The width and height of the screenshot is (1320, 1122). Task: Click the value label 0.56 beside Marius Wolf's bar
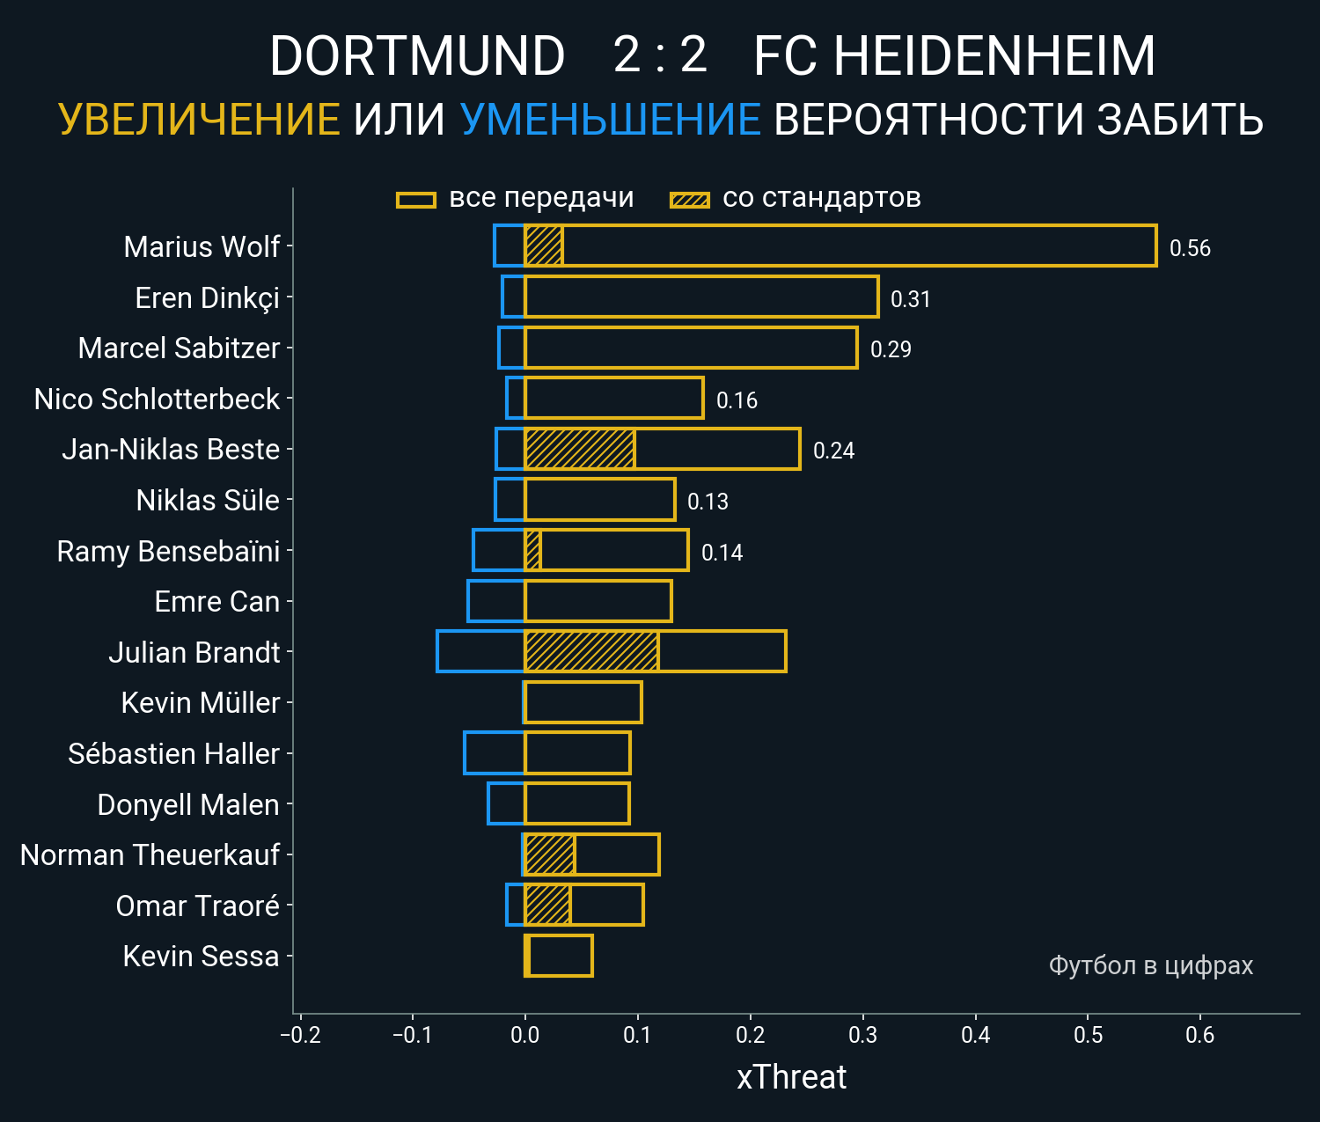[1190, 248]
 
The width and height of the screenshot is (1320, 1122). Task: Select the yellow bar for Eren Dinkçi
[701, 297]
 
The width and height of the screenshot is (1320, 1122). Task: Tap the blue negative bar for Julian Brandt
[480, 652]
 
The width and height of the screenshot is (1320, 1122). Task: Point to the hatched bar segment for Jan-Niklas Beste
[579, 449]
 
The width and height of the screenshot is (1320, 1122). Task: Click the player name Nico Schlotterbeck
[157, 400]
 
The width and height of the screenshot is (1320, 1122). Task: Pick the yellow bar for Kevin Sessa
[559, 956]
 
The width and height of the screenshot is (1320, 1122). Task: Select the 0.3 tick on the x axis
[863, 1034]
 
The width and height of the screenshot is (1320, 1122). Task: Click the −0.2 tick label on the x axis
[300, 1034]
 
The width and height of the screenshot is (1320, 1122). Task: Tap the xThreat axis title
[791, 1077]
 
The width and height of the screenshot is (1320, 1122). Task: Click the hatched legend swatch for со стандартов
[690, 200]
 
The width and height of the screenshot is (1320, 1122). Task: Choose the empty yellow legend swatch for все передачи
[416, 200]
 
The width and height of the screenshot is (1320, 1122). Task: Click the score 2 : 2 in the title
[660, 55]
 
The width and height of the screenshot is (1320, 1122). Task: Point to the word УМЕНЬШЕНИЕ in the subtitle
[611, 120]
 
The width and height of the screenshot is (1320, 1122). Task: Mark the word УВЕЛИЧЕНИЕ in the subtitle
[199, 120]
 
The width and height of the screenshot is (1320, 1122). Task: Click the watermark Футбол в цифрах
[1150, 965]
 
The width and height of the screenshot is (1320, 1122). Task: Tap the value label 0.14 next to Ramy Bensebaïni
[722, 553]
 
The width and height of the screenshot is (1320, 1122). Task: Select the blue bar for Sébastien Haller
[494, 753]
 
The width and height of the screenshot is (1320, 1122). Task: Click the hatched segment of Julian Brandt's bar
[591, 652]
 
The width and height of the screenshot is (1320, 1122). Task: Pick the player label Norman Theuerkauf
[150, 854]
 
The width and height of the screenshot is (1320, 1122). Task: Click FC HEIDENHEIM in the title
[954, 56]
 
